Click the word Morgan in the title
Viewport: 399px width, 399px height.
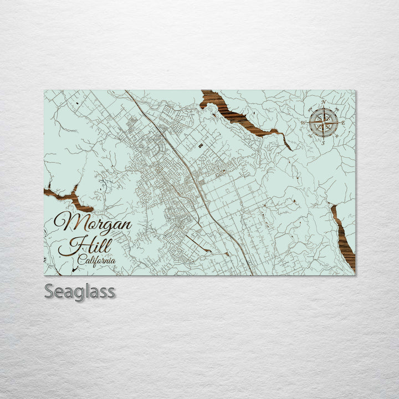(x=93, y=223)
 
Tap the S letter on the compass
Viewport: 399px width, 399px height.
(x=323, y=142)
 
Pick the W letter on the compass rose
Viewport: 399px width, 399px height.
(x=303, y=122)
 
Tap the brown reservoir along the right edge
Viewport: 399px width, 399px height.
(x=344, y=238)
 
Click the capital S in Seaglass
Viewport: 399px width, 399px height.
(x=49, y=291)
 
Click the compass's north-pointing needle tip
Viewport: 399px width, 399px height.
(x=324, y=109)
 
